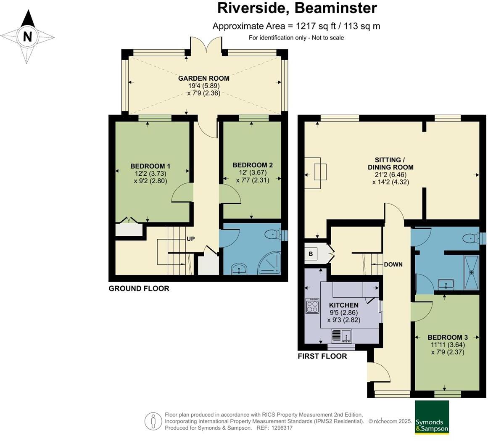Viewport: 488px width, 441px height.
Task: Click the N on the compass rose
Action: pos(28,37)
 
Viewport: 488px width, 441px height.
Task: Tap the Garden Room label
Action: pos(204,79)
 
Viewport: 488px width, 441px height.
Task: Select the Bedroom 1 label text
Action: pos(150,166)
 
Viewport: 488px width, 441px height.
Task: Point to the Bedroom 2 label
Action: pos(253,165)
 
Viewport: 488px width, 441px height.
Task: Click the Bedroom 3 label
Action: pos(448,337)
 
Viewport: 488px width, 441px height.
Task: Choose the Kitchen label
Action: pos(343,305)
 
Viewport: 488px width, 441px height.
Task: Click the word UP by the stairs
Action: pos(191,239)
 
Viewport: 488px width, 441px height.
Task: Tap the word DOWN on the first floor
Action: pos(393,264)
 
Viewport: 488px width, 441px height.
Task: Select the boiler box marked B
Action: pos(311,254)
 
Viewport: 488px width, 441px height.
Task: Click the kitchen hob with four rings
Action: pos(313,306)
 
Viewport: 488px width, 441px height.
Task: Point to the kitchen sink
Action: pos(342,336)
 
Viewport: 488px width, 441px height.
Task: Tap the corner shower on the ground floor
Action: pos(269,264)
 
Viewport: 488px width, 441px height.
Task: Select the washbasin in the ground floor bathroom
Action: pos(239,269)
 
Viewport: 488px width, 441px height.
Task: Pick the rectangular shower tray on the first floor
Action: pos(472,272)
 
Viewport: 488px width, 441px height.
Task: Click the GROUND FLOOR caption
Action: pos(139,288)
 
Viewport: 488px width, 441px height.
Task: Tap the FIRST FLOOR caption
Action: pos(322,356)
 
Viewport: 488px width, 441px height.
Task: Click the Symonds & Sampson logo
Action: pos(432,417)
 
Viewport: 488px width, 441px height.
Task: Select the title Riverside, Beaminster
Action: pos(297,8)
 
